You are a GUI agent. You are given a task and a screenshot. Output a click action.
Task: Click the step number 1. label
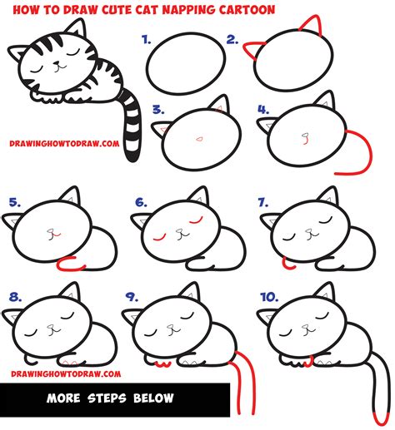coord(147,38)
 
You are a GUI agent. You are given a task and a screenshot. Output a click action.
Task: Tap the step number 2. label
coord(232,38)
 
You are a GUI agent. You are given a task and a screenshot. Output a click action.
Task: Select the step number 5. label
coord(12,200)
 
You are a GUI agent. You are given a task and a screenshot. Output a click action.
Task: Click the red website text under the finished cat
coord(62,143)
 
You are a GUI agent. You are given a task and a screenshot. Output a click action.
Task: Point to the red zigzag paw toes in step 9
coord(167,363)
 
